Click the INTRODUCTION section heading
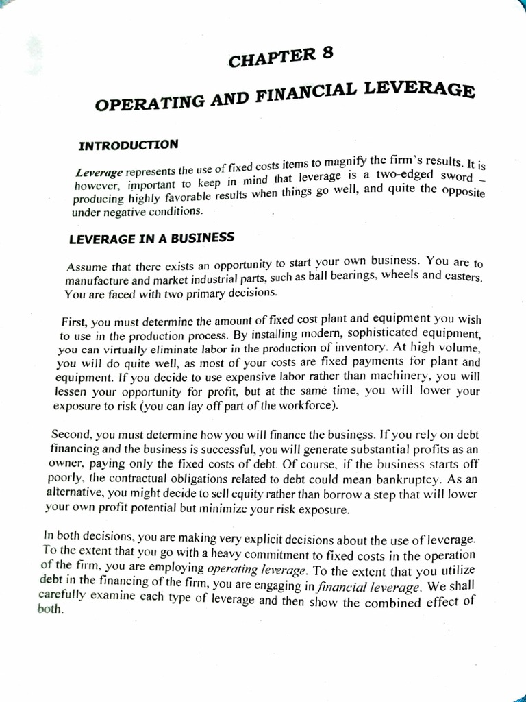coord(129,145)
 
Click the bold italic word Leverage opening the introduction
coord(99,173)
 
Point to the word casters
coord(460,278)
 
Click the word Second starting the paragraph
coord(71,434)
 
